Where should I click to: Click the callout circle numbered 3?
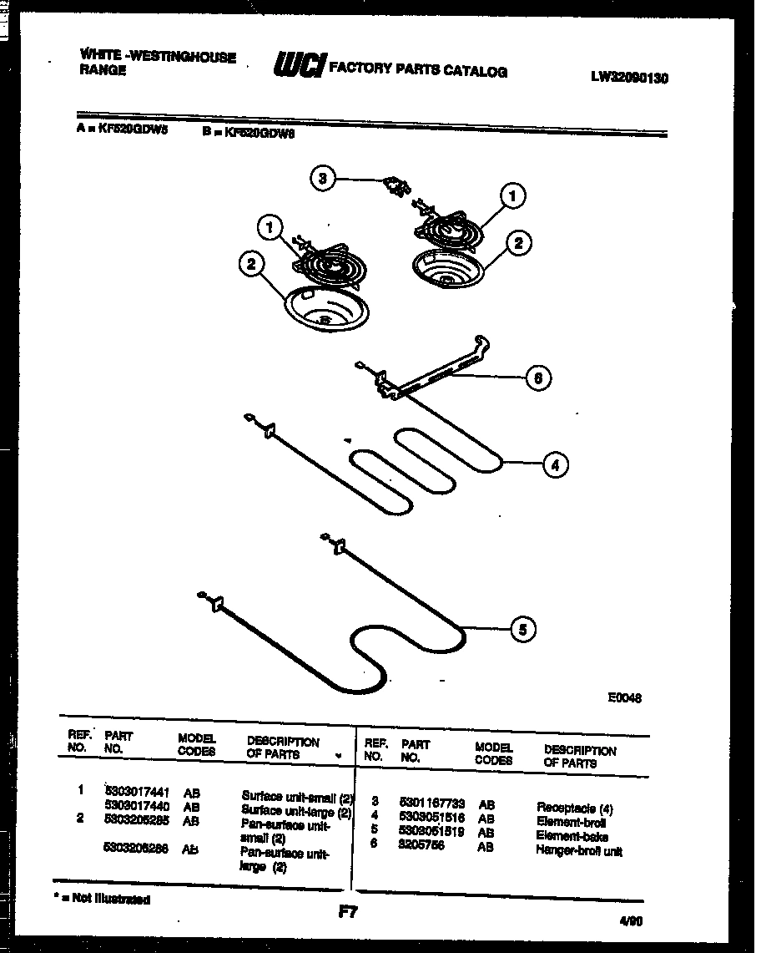pos(323,178)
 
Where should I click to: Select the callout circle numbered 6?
pos(538,378)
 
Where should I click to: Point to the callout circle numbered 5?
pos(522,630)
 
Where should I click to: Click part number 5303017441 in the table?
pos(138,794)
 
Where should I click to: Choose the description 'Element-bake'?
pos(572,836)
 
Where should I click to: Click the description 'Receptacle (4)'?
pos(574,808)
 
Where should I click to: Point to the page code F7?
pos(348,913)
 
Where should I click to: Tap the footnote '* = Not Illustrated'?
pos(101,900)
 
